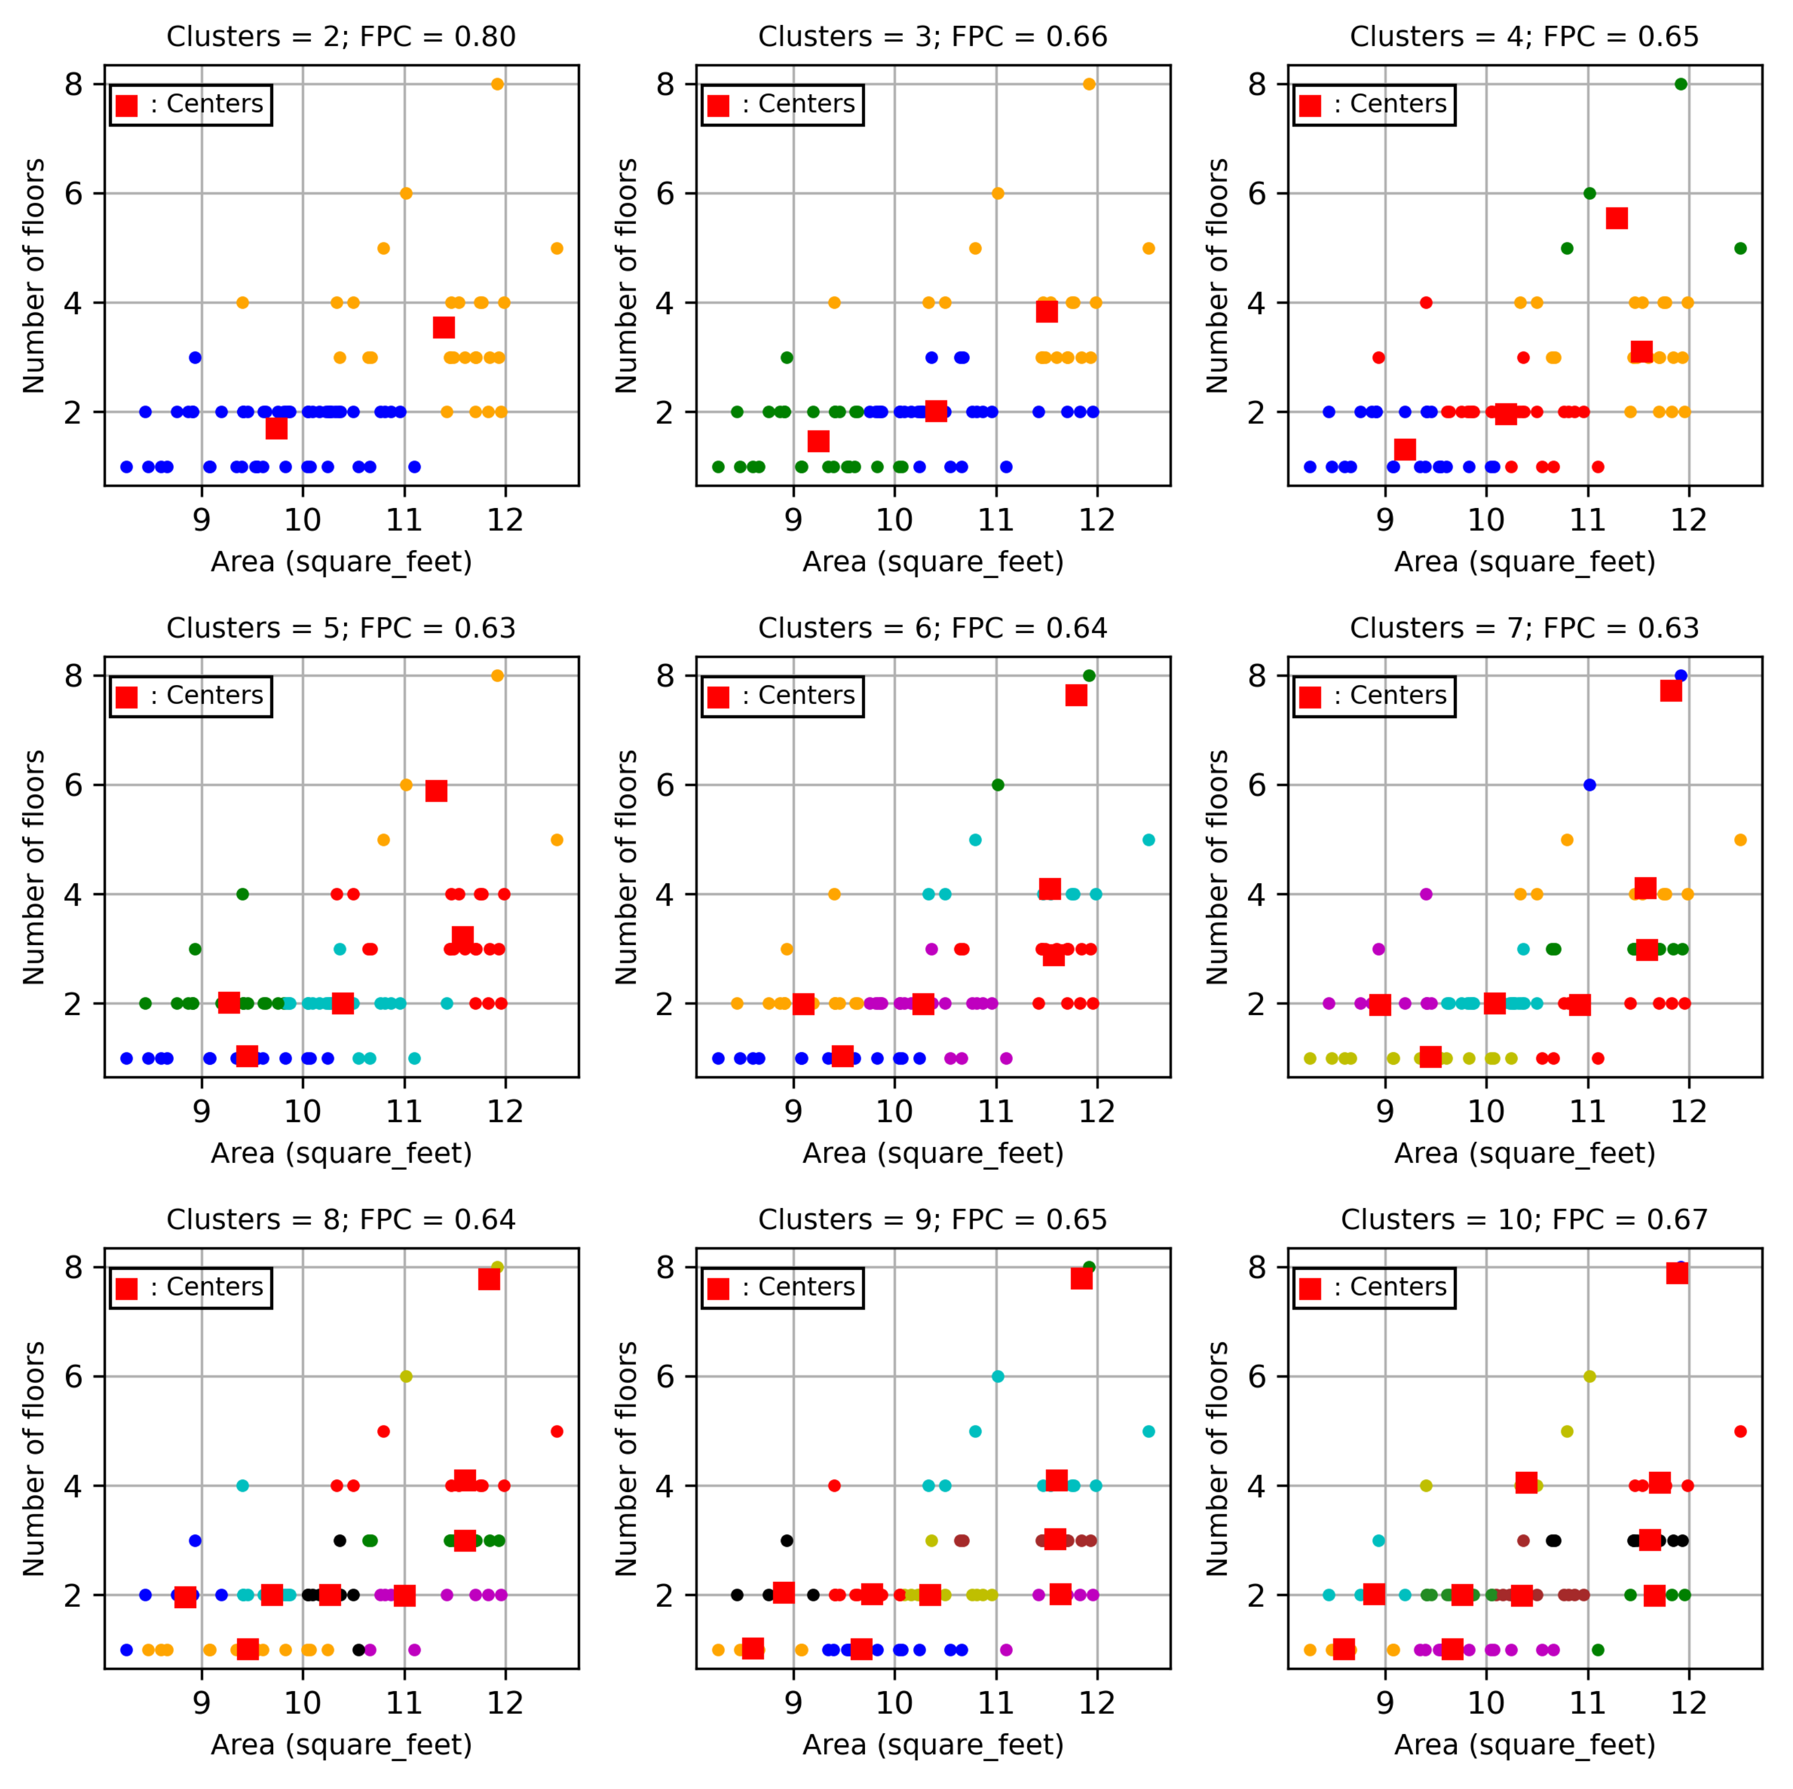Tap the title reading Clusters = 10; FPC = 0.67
point(1524,1219)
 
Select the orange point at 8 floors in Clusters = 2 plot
point(497,84)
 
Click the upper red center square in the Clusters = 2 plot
point(444,328)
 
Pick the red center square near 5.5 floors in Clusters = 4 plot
point(1617,218)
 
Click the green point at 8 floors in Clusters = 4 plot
point(1681,84)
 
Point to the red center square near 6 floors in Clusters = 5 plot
point(436,791)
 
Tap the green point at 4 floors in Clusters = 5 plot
point(242,895)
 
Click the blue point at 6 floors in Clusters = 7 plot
point(1590,785)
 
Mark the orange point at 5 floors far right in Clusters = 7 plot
point(1740,840)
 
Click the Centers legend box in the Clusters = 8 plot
point(191,1288)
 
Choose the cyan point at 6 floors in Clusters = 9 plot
point(998,1376)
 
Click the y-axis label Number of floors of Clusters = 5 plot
point(34,866)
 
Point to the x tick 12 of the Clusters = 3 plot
point(1097,520)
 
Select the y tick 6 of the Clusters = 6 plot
point(666,785)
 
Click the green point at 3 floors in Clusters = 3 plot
point(787,357)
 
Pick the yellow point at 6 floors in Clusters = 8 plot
point(406,1376)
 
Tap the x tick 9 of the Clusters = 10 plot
point(1385,1703)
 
